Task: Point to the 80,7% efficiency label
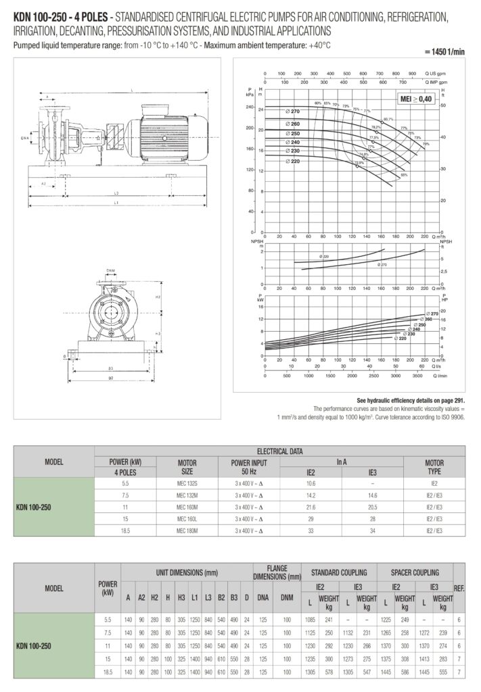point(388,120)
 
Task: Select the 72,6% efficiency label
point(359,162)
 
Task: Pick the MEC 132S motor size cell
point(187,484)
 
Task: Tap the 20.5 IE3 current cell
point(372,507)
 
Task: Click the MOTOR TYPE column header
point(434,466)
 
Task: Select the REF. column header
point(459,588)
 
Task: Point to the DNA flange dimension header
point(263,597)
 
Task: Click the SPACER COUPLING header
point(415,572)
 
